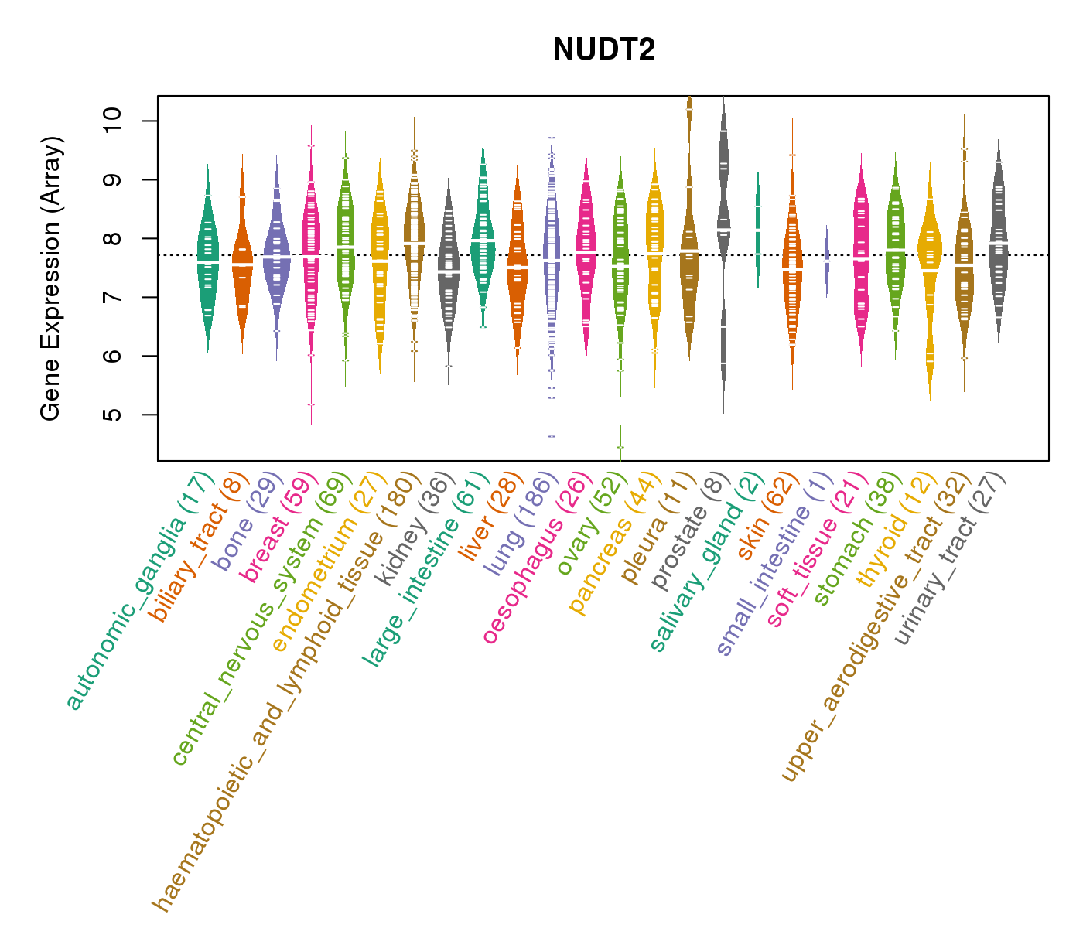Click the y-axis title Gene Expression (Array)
click(51, 279)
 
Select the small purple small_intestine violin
click(826, 261)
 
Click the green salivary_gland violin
click(758, 230)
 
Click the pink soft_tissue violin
click(861, 255)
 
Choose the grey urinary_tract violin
click(999, 240)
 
